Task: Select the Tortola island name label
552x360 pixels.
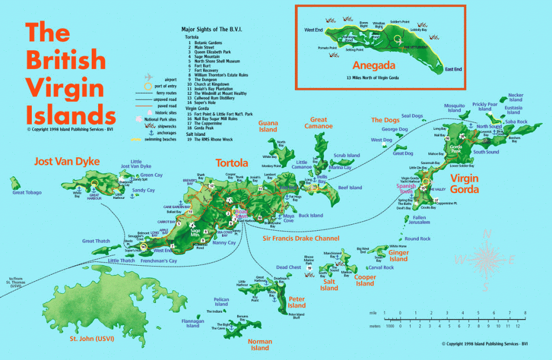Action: [x=232, y=163]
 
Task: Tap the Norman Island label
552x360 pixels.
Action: [x=259, y=344]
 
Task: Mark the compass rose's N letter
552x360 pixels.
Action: [x=487, y=233]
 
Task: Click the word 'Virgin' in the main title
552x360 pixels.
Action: [x=58, y=87]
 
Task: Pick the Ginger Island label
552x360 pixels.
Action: [x=398, y=255]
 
